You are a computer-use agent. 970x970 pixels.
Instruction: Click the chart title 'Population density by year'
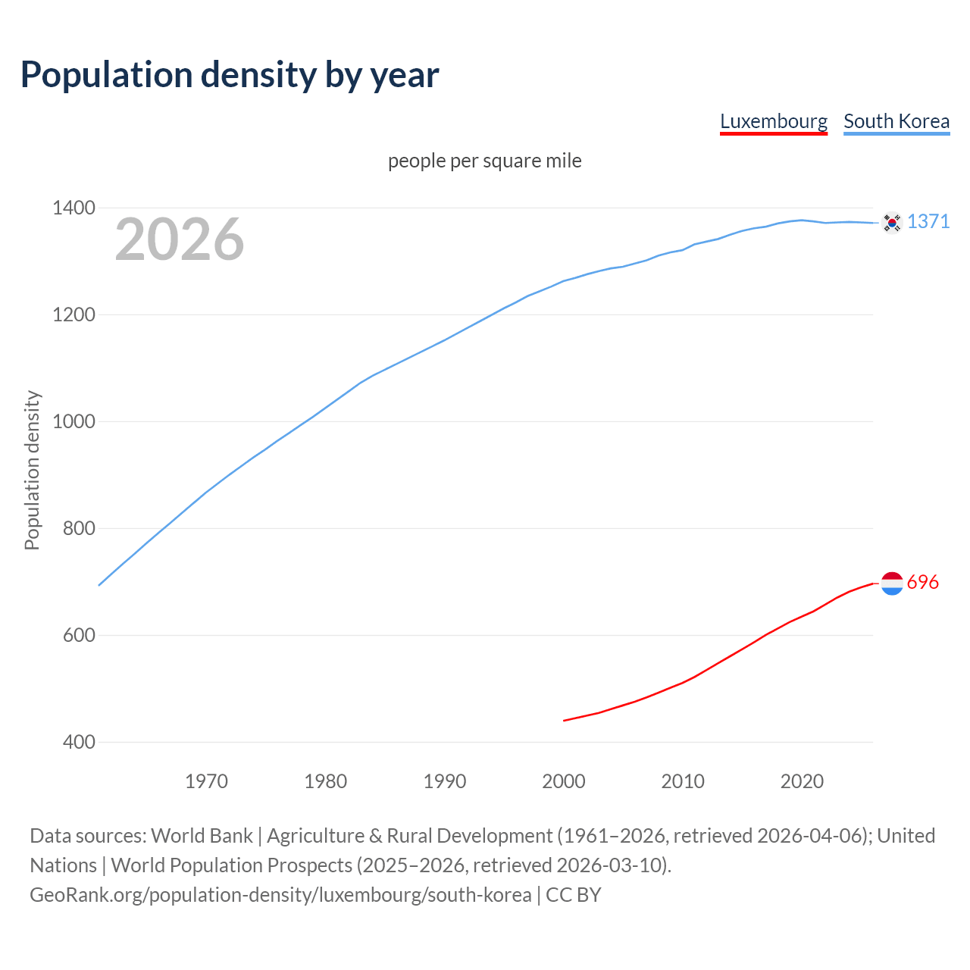point(230,74)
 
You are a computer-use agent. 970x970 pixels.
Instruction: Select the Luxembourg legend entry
point(773,121)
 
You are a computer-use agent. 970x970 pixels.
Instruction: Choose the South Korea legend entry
point(896,121)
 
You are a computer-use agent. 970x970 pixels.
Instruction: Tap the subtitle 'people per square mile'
point(484,161)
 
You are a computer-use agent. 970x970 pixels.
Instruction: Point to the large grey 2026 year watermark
point(180,239)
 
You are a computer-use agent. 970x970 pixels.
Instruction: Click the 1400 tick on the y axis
point(74,208)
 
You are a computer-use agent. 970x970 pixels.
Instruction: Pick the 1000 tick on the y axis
point(74,421)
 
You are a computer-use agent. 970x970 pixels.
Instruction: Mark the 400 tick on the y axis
point(79,742)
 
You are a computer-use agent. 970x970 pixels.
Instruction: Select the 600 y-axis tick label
point(79,635)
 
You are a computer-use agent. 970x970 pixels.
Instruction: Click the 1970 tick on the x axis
point(206,781)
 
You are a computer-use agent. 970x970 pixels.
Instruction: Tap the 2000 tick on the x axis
point(564,781)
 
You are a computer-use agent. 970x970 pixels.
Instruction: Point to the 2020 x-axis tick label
point(802,781)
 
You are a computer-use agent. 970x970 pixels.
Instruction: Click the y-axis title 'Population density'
point(32,470)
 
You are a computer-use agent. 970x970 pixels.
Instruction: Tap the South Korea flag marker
point(892,222)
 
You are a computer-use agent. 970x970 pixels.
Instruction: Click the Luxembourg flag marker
point(892,583)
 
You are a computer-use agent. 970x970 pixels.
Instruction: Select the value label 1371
point(928,221)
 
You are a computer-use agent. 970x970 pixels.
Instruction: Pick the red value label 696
point(922,582)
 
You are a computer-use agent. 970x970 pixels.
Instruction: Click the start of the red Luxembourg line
point(565,720)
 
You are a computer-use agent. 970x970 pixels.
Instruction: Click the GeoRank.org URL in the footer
point(280,894)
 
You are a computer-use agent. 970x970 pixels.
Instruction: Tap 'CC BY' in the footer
point(573,894)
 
